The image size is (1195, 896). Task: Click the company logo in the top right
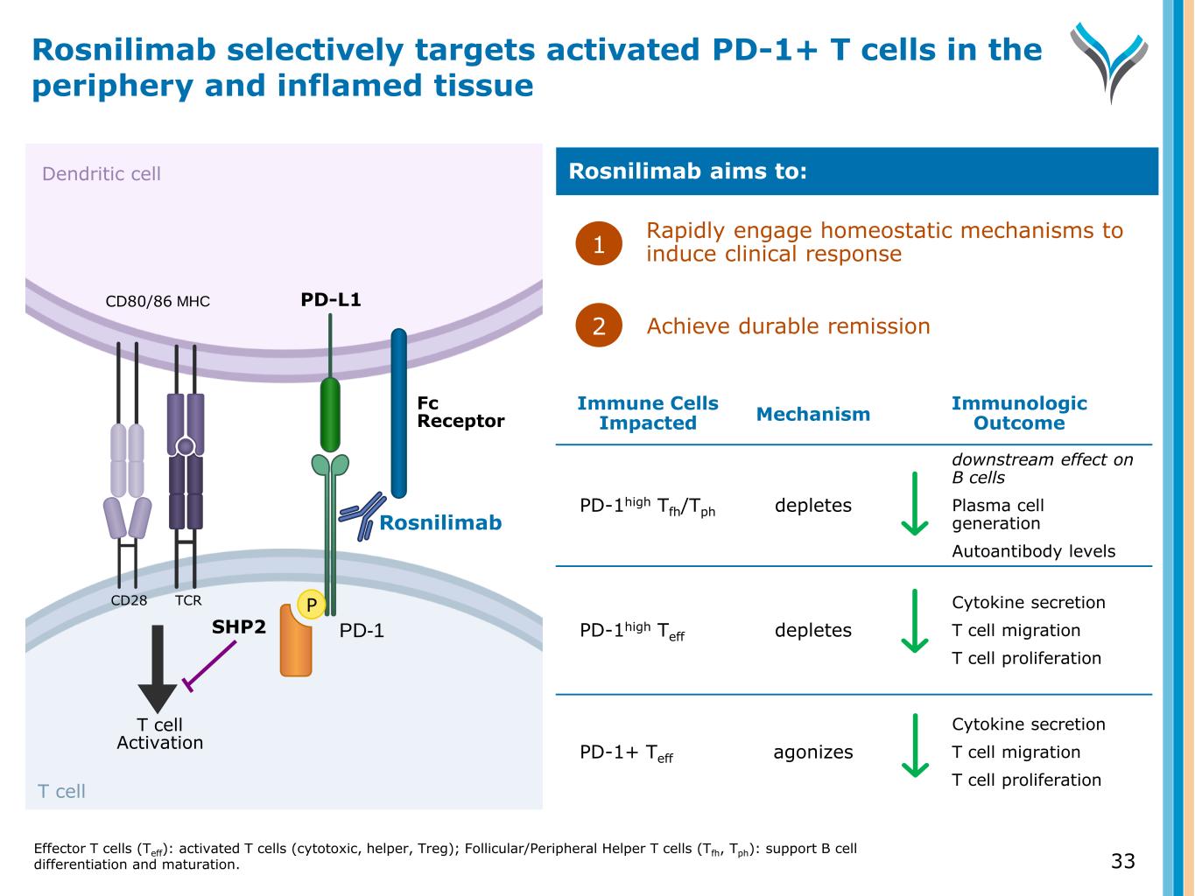[1108, 61]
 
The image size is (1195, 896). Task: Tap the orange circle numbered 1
[599, 244]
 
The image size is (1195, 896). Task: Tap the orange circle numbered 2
[599, 325]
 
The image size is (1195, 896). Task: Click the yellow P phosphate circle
[311, 605]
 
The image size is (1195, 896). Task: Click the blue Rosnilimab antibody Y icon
[362, 515]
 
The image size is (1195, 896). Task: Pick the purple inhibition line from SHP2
[210, 666]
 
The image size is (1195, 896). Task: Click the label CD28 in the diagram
[129, 600]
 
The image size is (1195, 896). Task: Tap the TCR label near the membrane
[188, 600]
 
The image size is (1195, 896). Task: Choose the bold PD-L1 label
[331, 300]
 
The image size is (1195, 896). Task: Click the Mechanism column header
[813, 414]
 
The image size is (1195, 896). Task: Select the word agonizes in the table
[813, 752]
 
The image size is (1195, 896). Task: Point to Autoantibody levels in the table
[1033, 551]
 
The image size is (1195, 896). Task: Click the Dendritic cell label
[102, 173]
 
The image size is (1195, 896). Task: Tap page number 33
[1122, 861]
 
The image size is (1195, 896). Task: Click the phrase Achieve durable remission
[788, 326]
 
